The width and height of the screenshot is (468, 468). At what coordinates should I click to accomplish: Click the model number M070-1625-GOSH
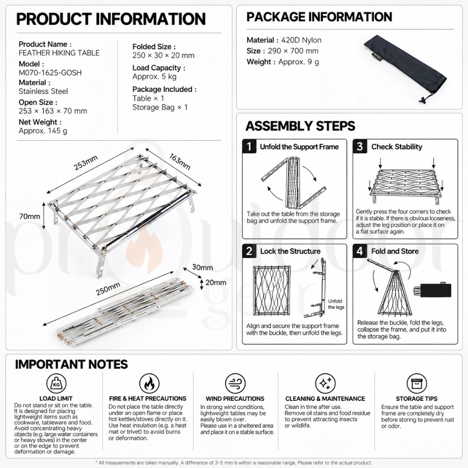tap(50, 72)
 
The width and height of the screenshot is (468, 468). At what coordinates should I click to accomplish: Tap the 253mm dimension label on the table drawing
tap(86, 163)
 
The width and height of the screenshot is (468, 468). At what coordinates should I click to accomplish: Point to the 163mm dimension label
tap(180, 162)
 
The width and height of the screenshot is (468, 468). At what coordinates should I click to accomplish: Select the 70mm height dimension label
tap(29, 216)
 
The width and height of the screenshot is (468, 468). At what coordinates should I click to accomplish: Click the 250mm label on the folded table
tap(108, 289)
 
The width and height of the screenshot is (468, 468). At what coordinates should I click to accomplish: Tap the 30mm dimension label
tap(202, 267)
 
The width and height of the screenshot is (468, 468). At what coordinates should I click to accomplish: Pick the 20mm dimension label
tap(216, 283)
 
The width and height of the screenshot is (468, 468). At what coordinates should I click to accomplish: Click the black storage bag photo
tap(405, 69)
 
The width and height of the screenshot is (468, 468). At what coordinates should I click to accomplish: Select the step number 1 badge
tap(249, 146)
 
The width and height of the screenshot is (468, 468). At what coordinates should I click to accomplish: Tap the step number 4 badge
tap(360, 251)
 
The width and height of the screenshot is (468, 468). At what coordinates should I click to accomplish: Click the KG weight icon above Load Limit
tap(56, 383)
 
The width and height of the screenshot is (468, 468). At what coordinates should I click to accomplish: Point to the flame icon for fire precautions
tap(149, 383)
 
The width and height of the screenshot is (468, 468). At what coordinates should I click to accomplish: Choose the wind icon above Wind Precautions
tap(235, 383)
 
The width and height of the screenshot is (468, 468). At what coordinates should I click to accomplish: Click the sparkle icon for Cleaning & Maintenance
tap(325, 383)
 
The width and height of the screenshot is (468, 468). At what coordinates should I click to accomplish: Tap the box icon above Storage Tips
tap(417, 383)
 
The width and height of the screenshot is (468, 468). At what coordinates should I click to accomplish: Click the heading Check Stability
tap(396, 146)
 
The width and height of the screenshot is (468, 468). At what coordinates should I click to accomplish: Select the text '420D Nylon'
tap(301, 40)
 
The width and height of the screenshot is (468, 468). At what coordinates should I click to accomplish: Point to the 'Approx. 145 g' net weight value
tap(43, 131)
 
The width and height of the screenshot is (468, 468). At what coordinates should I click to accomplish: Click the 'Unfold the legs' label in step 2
tap(336, 304)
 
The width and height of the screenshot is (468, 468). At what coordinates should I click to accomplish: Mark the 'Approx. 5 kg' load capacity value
tap(154, 76)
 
